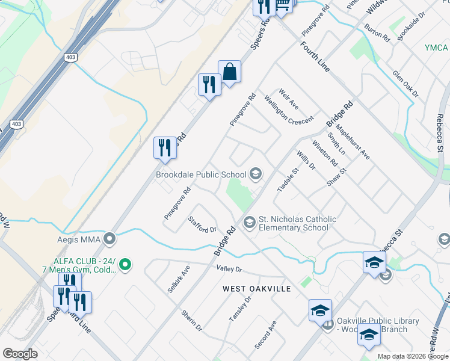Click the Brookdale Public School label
(x=200, y=174)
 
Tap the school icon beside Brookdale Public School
(x=255, y=174)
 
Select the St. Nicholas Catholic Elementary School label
(x=294, y=223)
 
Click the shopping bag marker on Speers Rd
(x=229, y=72)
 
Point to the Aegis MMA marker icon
(x=109, y=239)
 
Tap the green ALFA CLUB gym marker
(x=125, y=264)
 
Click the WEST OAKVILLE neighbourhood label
(x=257, y=289)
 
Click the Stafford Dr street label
(x=202, y=224)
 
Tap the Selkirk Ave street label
(x=179, y=279)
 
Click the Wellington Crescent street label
(x=289, y=111)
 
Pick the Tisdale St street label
(x=288, y=180)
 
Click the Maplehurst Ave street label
(x=353, y=141)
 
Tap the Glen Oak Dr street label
(x=405, y=83)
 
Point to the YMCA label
(x=436, y=48)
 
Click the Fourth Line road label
(x=315, y=57)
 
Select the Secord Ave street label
(x=265, y=335)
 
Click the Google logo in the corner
(x=20, y=354)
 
